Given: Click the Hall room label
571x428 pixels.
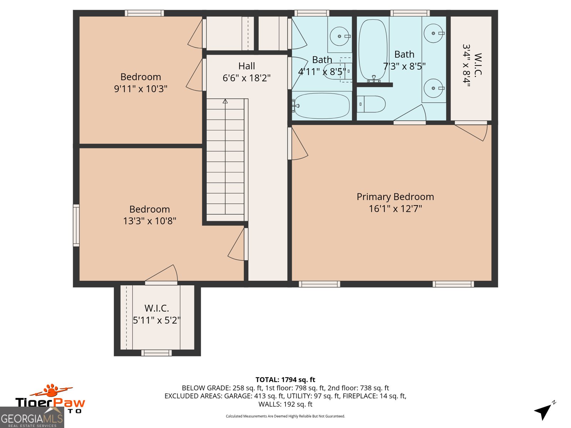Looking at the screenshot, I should [x=247, y=66].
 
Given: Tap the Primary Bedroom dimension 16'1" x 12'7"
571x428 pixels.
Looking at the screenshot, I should [x=395, y=209].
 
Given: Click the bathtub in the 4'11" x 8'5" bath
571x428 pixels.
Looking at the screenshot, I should [x=321, y=106].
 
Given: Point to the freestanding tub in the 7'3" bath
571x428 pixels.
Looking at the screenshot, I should [x=373, y=50].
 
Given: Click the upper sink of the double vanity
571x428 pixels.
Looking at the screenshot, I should [x=434, y=33].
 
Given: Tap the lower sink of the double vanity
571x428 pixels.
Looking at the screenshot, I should [x=434, y=88].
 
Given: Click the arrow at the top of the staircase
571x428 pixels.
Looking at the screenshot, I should [x=225, y=102].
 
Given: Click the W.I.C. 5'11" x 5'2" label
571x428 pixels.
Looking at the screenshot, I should [x=157, y=314].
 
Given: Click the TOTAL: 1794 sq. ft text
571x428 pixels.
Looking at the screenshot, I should [x=285, y=380].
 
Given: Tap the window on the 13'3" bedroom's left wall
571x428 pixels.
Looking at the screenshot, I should [x=76, y=225].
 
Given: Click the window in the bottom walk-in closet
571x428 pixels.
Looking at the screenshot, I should [x=156, y=353].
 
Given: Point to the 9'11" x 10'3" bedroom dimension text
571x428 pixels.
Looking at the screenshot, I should [x=141, y=89].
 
